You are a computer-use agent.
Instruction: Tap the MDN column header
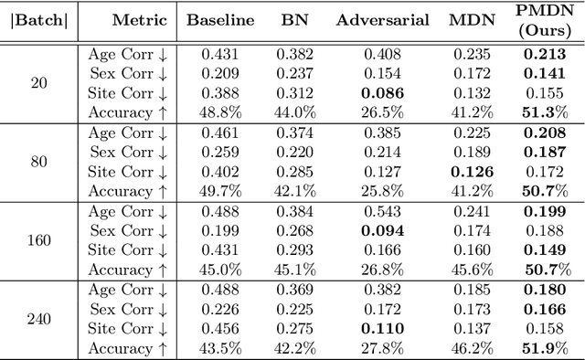473,20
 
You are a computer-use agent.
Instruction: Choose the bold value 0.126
473,172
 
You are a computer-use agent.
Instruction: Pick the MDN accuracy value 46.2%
473,349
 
